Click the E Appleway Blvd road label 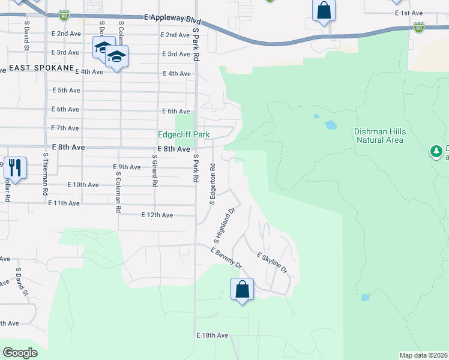coord(172,19)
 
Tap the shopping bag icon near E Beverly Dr coord(242,289)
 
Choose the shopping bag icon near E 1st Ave coord(324,10)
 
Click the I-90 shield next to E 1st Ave coord(418,28)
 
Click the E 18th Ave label coord(212,335)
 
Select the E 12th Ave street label coord(157,215)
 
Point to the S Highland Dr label coord(223,226)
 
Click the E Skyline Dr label coord(273,263)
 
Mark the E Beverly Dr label coord(226,257)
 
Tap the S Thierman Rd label coord(45,174)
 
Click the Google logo coord(20,353)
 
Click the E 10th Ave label coord(83,185)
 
